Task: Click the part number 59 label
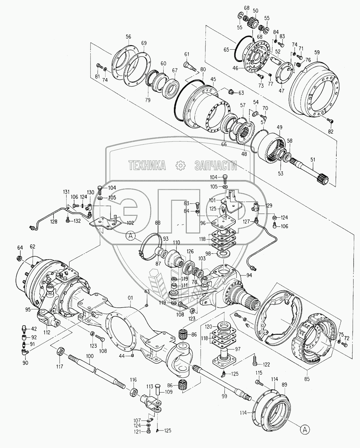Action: pyautogui.click(x=317, y=52)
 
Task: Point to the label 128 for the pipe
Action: pyautogui.click(x=54, y=222)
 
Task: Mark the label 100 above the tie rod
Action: pyautogui.click(x=90, y=356)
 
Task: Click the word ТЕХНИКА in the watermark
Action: pyautogui.click(x=147, y=165)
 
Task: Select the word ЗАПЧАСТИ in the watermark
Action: pyautogui.click(x=216, y=165)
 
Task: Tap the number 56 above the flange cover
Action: pyautogui.click(x=128, y=37)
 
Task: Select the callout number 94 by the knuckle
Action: pyautogui.click(x=249, y=275)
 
